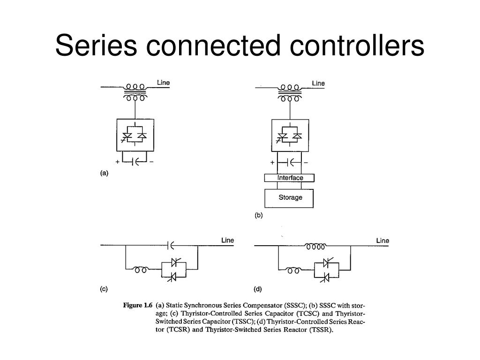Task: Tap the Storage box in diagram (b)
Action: tap(290, 197)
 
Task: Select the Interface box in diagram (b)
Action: tap(290, 178)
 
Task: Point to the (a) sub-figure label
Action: tap(104, 172)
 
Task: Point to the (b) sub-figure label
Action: tap(259, 216)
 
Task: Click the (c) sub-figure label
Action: tap(104, 289)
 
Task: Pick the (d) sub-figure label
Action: tap(258, 289)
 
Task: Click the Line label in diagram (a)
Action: tap(163, 83)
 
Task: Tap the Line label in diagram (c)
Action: tap(227, 240)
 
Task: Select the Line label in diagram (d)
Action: tap(382, 240)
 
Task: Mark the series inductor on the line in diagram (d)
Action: tap(315, 245)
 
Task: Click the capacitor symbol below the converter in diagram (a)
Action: tap(135, 161)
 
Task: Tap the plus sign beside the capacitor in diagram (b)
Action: tap(272, 162)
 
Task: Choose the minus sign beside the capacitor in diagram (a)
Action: tap(152, 161)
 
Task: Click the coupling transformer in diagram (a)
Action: tap(135, 92)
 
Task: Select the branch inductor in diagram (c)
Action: tap(141, 270)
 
